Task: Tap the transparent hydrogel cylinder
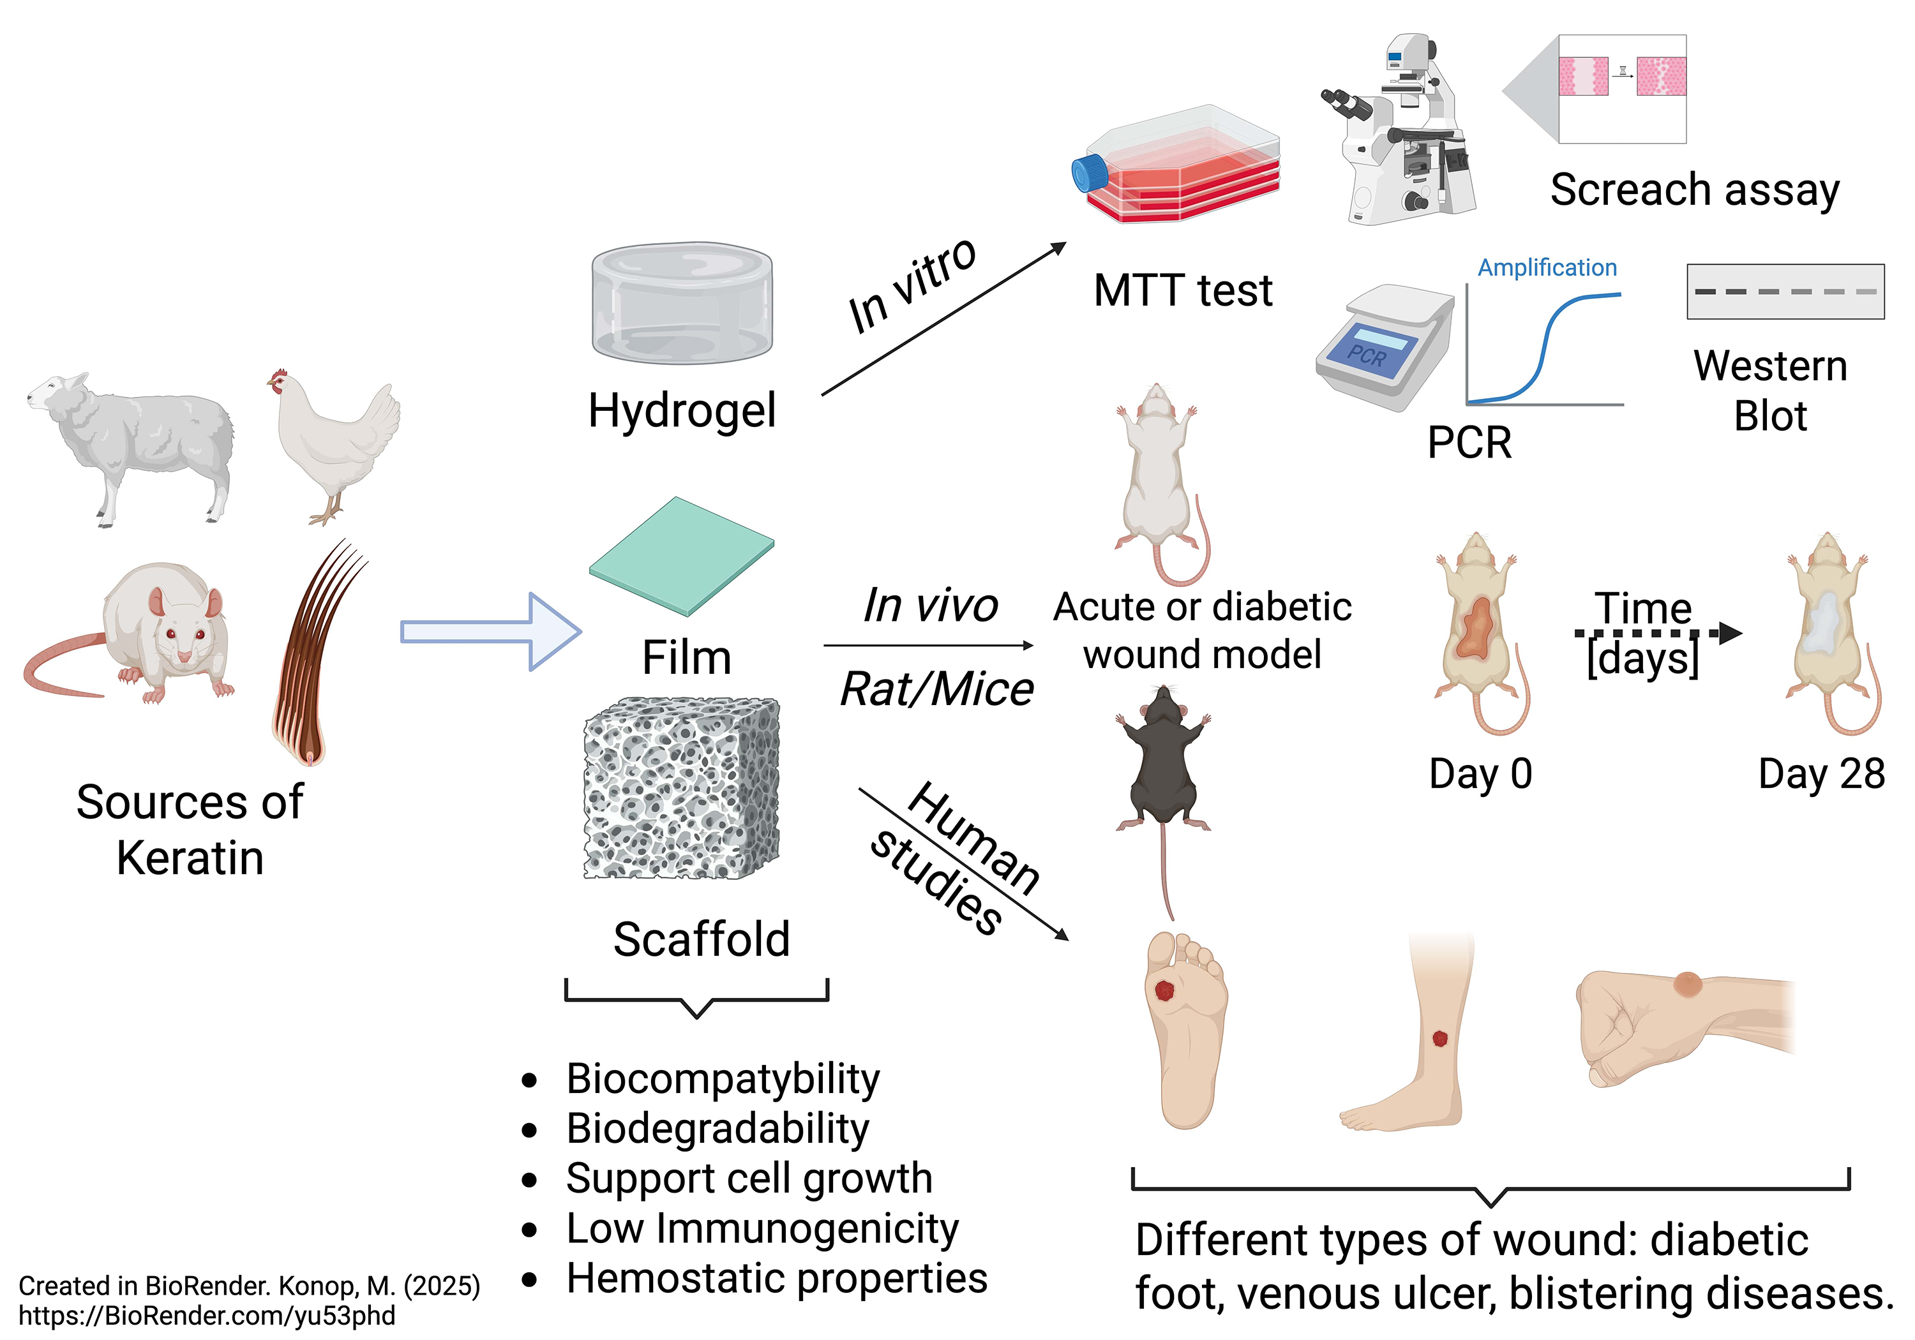[x=682, y=304]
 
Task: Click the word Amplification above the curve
[x=1547, y=267]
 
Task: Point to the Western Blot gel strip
[x=1785, y=292]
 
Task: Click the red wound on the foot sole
[x=1164, y=990]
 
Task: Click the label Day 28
[x=1821, y=774]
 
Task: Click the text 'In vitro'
[x=912, y=285]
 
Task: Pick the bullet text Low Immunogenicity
[x=762, y=1228]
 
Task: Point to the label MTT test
[x=1183, y=291]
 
